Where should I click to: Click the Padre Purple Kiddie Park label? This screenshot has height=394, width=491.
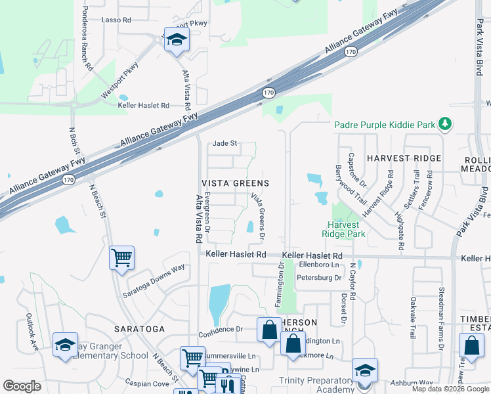[385, 124]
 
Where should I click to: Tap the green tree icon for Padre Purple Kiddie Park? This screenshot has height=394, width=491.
[445, 123]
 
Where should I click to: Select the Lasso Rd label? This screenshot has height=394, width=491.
[116, 20]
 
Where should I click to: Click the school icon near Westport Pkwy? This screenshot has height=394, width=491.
[176, 41]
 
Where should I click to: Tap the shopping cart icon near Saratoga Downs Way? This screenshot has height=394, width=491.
[121, 257]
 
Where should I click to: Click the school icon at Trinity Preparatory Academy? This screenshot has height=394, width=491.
[365, 370]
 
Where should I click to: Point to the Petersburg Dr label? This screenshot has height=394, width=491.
[320, 278]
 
